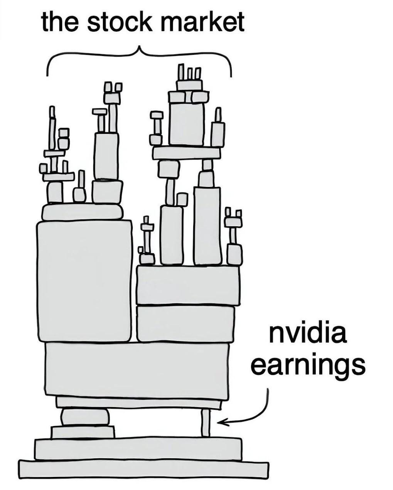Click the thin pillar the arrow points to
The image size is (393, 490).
tap(206, 423)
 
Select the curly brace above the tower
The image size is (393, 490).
tap(139, 58)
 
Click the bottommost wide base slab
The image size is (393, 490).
tap(143, 470)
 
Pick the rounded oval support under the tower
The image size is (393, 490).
tap(85, 417)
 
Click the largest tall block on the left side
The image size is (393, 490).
tap(84, 281)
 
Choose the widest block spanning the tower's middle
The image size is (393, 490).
tap(137, 369)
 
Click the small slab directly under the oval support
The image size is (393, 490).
tap(83, 432)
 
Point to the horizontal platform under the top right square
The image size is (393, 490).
tap(187, 153)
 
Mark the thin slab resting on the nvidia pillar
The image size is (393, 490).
tap(139, 403)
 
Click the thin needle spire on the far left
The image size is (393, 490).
tap(52, 127)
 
